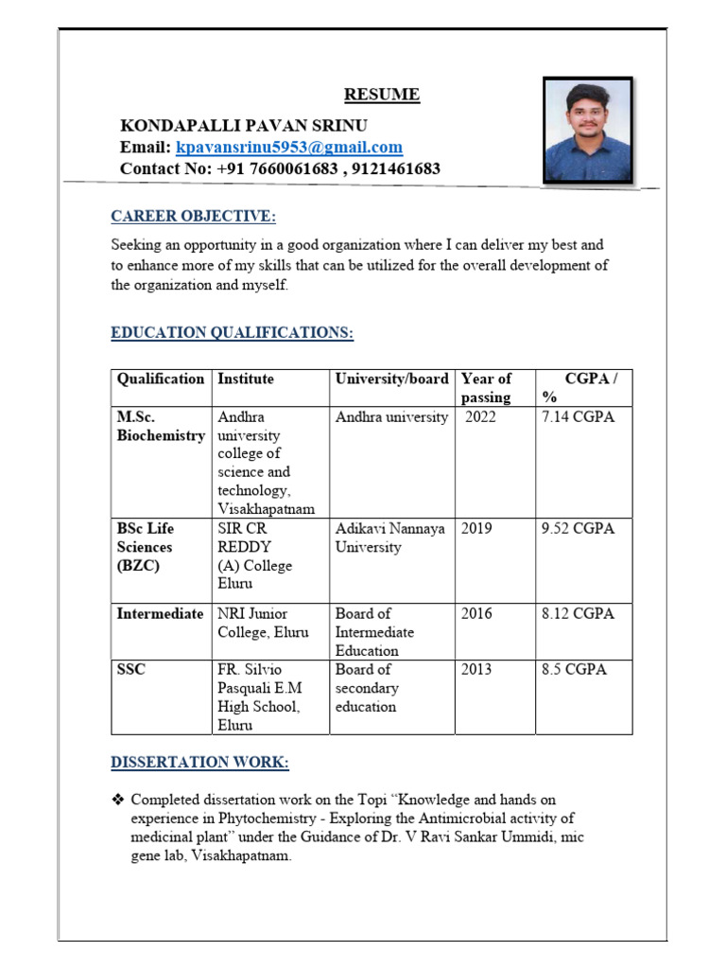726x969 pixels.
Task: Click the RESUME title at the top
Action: pyautogui.click(x=381, y=95)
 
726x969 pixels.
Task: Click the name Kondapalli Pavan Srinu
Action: pyautogui.click(x=244, y=126)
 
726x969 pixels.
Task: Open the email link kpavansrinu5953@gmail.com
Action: pyautogui.click(x=289, y=148)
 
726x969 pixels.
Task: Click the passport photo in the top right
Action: pyautogui.click(x=587, y=130)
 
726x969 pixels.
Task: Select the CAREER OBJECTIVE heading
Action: pyautogui.click(x=193, y=217)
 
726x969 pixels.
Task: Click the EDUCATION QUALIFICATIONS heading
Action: pyautogui.click(x=232, y=333)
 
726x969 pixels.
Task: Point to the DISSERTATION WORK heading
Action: pyautogui.click(x=199, y=763)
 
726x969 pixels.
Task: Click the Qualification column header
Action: pyautogui.click(x=161, y=379)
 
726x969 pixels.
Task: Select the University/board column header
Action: pyautogui.click(x=391, y=379)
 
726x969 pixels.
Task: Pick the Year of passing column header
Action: pyautogui.click(x=486, y=388)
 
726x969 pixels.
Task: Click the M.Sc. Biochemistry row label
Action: pyautogui.click(x=161, y=427)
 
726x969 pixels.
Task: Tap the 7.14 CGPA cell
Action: pyautogui.click(x=578, y=417)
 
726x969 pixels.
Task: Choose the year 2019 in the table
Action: pyautogui.click(x=476, y=529)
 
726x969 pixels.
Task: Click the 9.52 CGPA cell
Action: pyautogui.click(x=578, y=529)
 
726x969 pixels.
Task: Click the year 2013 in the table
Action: pyautogui.click(x=476, y=670)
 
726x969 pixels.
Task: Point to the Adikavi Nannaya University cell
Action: pyautogui.click(x=389, y=537)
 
